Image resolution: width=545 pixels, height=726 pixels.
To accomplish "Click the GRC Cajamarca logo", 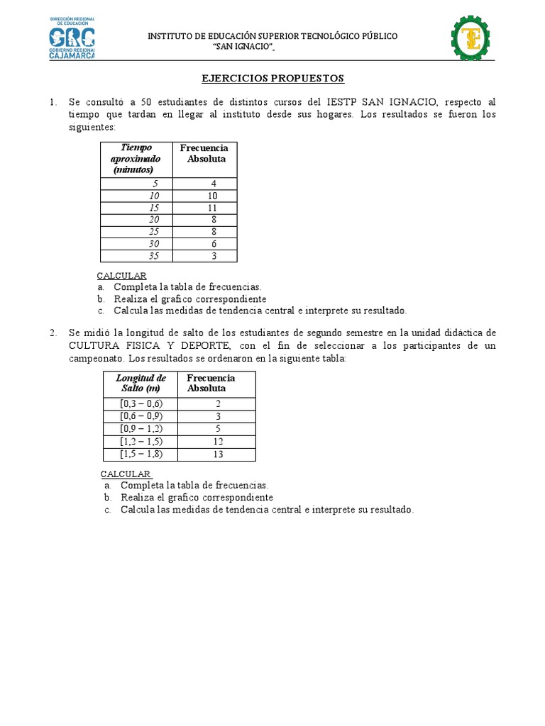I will tap(72, 37).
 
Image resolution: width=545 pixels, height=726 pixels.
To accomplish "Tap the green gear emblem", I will tap(470, 38).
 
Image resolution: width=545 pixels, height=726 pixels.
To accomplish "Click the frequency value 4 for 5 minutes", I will tap(213, 184).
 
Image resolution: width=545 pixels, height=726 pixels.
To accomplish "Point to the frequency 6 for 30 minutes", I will tap(213, 244).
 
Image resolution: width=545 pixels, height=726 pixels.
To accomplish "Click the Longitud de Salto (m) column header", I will tap(141, 384).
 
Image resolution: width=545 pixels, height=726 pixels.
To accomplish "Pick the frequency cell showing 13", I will tap(218, 454).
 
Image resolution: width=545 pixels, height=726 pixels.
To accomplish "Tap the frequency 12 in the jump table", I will tap(218, 442).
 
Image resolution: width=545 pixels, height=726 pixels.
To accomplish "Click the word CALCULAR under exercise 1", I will tap(121, 275).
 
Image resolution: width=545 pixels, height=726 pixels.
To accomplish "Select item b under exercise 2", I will tap(197, 498).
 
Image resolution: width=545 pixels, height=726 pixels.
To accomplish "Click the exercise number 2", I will tap(53, 333).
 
